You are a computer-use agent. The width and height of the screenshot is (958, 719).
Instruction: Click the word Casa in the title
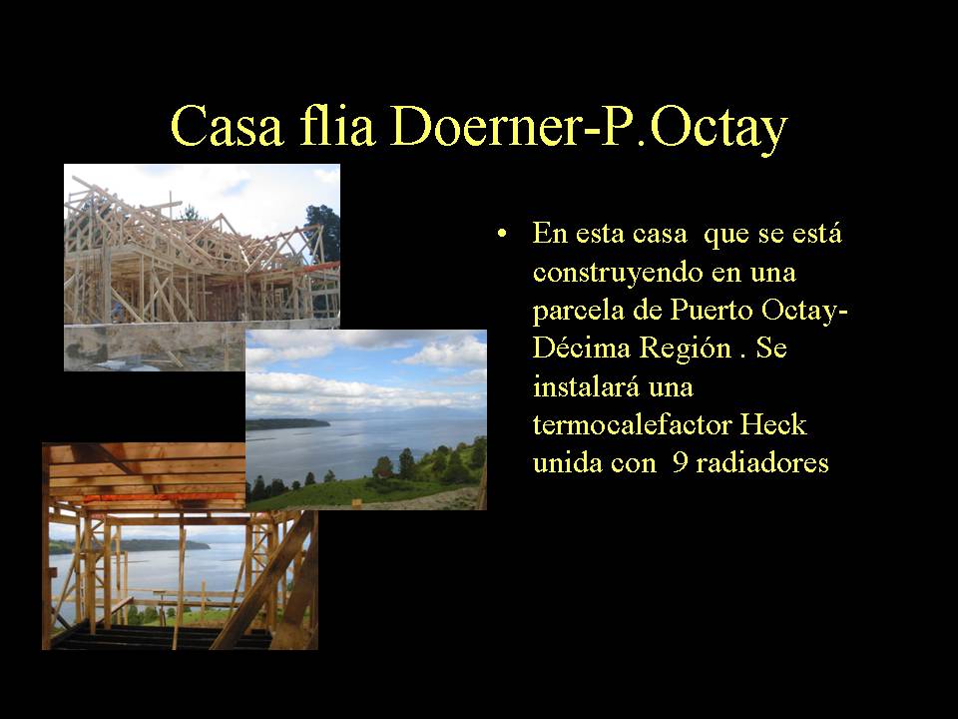228,126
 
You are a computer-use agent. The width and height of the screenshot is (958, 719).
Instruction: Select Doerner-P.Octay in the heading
589,129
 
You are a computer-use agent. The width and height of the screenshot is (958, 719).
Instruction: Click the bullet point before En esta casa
502,234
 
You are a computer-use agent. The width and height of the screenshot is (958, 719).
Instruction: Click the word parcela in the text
579,310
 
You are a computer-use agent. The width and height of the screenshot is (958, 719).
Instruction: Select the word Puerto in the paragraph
712,310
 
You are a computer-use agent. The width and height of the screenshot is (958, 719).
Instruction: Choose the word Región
686,350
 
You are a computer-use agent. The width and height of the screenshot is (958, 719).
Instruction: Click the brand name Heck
774,424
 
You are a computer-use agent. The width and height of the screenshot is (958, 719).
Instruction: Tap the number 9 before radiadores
680,463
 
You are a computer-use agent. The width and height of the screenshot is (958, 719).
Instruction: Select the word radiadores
761,462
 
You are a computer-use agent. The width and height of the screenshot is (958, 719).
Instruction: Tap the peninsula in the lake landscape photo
287,423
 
